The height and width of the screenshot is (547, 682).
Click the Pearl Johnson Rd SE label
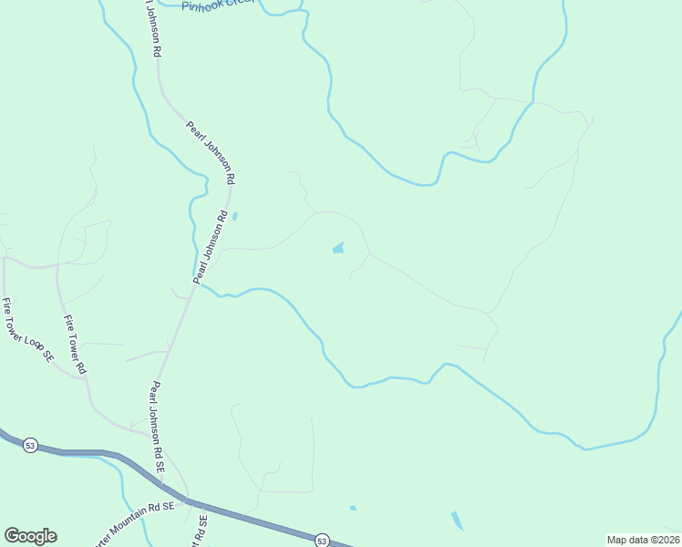tap(158, 426)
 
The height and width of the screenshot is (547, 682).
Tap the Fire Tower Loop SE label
tap(27, 332)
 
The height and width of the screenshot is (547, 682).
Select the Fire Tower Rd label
tap(75, 345)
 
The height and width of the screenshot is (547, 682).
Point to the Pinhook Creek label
tap(219, 6)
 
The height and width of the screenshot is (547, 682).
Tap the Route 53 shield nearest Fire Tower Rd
tap(31, 445)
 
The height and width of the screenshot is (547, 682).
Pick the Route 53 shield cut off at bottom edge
tap(321, 541)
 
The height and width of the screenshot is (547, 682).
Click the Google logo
tap(30, 536)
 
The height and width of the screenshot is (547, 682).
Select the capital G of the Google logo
tap(13, 536)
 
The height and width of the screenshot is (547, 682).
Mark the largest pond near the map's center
tap(338, 247)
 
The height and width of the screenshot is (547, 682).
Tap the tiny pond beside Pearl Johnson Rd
tap(235, 216)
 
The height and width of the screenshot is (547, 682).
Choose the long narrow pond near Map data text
tap(456, 521)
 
